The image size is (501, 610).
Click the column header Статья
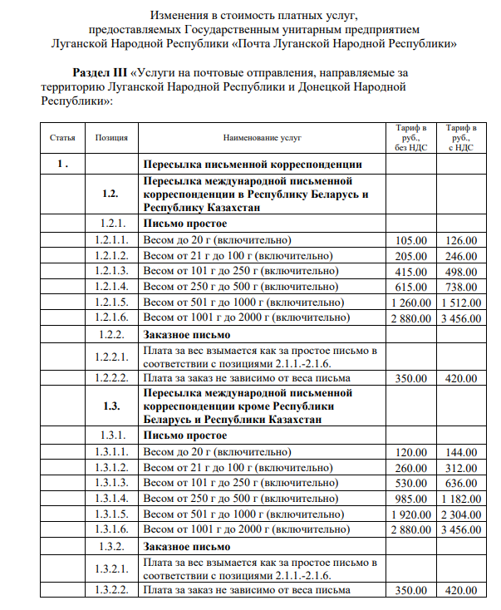click(62, 138)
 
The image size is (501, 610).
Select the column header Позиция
click(111, 138)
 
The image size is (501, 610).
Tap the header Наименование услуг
click(262, 138)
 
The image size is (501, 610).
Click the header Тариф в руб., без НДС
click(411, 138)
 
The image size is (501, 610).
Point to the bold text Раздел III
click(103, 74)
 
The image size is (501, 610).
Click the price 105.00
click(409, 240)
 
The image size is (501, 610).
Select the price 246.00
click(462, 256)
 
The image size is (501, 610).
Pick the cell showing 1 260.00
click(409, 302)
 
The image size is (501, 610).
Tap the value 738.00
click(462, 287)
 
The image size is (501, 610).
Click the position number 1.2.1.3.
click(111, 271)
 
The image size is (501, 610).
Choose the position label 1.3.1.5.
click(111, 514)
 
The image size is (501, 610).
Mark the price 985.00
click(409, 498)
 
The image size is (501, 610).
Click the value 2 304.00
click(462, 514)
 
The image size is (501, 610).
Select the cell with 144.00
click(462, 452)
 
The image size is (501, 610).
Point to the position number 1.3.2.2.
click(111, 590)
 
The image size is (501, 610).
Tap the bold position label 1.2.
click(111, 194)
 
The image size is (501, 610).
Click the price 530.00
click(409, 483)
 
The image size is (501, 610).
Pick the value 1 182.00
click(462, 498)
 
